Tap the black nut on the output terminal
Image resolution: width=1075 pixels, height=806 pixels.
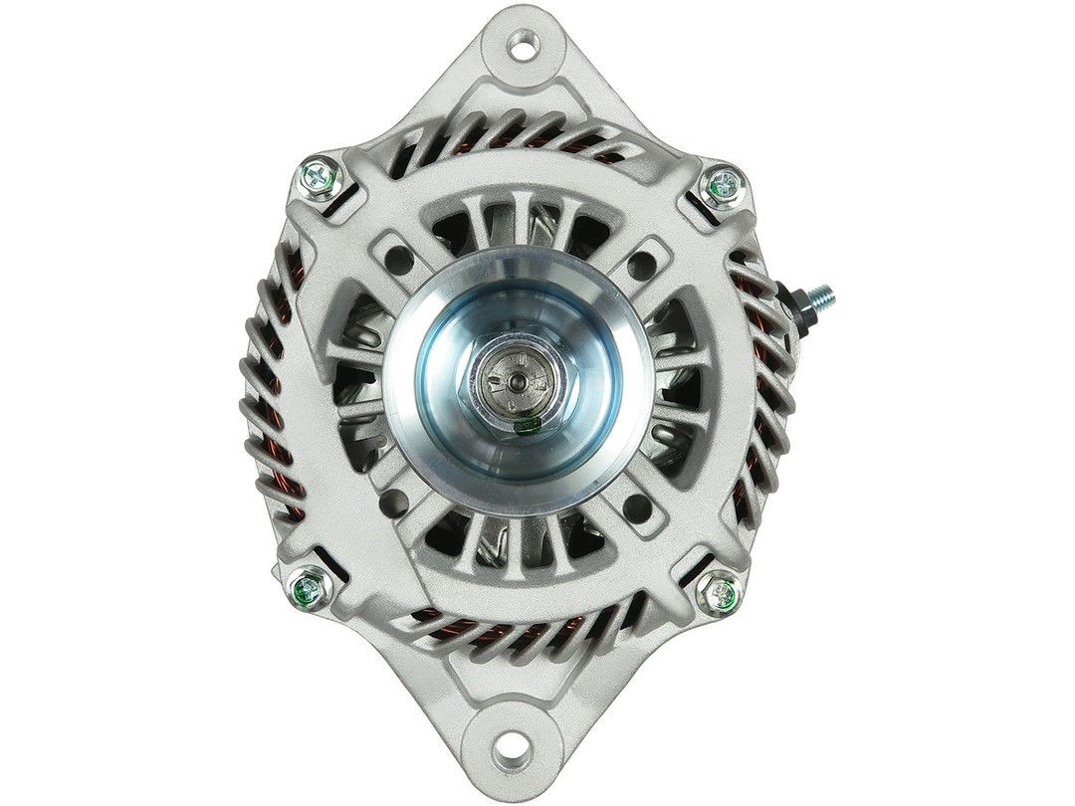click(796, 301)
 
